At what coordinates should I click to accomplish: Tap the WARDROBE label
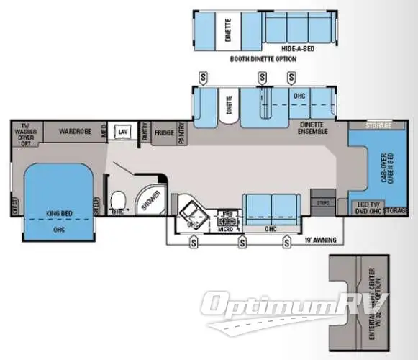pyautogui.click(x=73, y=132)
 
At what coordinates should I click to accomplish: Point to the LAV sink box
pyautogui.click(x=123, y=132)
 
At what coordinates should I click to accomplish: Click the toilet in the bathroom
pyautogui.click(x=119, y=198)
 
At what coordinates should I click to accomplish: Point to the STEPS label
pyautogui.click(x=323, y=204)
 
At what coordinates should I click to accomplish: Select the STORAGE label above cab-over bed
pyautogui.click(x=378, y=126)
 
